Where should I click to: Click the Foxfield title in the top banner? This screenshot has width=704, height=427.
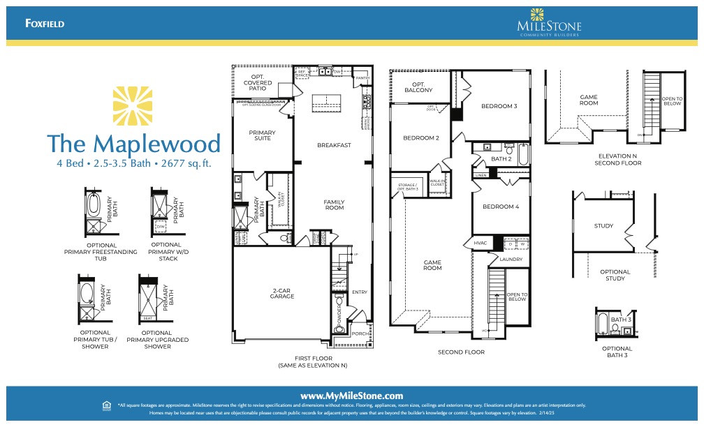(x=45, y=23)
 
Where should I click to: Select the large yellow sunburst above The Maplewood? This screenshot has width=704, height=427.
(x=133, y=106)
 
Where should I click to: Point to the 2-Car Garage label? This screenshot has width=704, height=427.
(x=282, y=293)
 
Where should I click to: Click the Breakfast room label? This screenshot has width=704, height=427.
(x=334, y=145)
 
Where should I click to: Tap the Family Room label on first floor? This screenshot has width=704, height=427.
(x=334, y=204)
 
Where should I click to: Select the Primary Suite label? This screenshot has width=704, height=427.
(x=263, y=135)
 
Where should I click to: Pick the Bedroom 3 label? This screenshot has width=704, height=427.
(x=499, y=106)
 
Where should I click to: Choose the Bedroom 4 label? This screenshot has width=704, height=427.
(x=501, y=207)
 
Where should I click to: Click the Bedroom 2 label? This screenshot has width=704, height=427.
(x=421, y=137)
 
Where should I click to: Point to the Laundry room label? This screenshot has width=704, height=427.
(x=511, y=260)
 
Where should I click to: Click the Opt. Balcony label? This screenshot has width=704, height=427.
(x=418, y=87)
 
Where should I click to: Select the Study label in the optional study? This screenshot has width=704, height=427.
(x=603, y=225)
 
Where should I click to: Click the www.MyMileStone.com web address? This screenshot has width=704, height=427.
(x=352, y=396)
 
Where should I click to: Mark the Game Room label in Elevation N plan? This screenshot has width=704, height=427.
(x=589, y=100)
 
